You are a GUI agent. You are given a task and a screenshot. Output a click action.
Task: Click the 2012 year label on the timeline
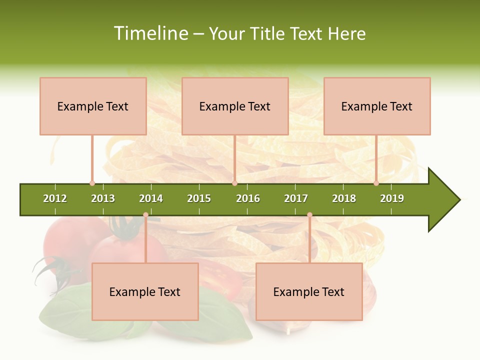[55, 198]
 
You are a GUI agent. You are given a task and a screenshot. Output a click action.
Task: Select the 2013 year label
[103, 198]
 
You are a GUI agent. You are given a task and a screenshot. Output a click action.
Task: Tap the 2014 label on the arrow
[151, 198]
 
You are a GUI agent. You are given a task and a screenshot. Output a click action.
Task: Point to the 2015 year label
[199, 198]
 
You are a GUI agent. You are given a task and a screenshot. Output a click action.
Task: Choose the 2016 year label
[248, 198]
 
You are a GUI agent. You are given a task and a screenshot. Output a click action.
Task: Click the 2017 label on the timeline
[296, 198]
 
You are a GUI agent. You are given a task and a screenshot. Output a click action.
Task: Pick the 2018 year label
[344, 198]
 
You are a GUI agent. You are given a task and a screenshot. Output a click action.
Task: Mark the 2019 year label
[392, 198]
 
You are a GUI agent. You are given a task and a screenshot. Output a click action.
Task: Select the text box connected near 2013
[93, 106]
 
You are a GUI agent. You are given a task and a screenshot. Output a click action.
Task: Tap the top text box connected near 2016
[235, 106]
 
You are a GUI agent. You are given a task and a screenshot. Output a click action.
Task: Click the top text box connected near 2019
[377, 106]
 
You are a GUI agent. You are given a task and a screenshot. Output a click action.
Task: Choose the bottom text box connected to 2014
[145, 291]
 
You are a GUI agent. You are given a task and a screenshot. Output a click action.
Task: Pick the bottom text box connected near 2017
[309, 291]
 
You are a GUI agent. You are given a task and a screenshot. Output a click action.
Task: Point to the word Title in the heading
[268, 33]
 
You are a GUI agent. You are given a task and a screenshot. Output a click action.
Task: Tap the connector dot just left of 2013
[92, 183]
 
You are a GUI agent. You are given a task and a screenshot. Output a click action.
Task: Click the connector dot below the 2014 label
[145, 215]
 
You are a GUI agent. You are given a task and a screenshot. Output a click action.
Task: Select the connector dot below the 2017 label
[309, 215]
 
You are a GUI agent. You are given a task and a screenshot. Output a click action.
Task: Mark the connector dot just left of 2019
[376, 183]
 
